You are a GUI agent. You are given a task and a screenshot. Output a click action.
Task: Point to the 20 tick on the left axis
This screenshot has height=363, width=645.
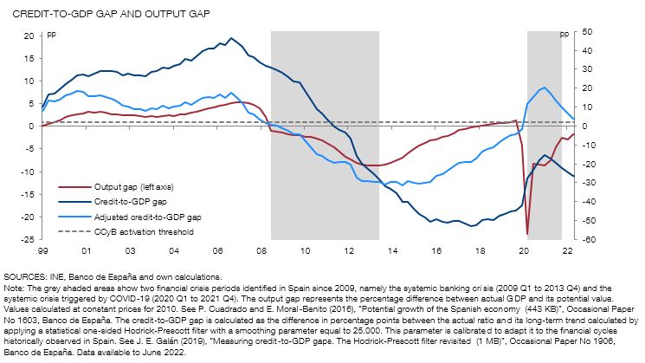28,36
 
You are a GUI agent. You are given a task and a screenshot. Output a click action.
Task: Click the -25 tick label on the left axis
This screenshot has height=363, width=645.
26,239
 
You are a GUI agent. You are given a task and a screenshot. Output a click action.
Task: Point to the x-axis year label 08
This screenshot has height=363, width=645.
261,251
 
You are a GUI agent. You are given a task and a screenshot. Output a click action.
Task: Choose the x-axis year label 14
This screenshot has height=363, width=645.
393,251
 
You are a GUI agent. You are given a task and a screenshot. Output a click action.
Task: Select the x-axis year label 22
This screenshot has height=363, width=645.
568,251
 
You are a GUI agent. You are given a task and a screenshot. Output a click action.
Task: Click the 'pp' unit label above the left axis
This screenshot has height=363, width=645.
51,35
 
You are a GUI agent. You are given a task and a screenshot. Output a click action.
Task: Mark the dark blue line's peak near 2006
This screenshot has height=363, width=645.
231,38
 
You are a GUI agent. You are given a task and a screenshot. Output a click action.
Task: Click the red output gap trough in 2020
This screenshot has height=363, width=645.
527,234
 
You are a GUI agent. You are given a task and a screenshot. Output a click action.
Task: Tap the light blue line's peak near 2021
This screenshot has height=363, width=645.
544,88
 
